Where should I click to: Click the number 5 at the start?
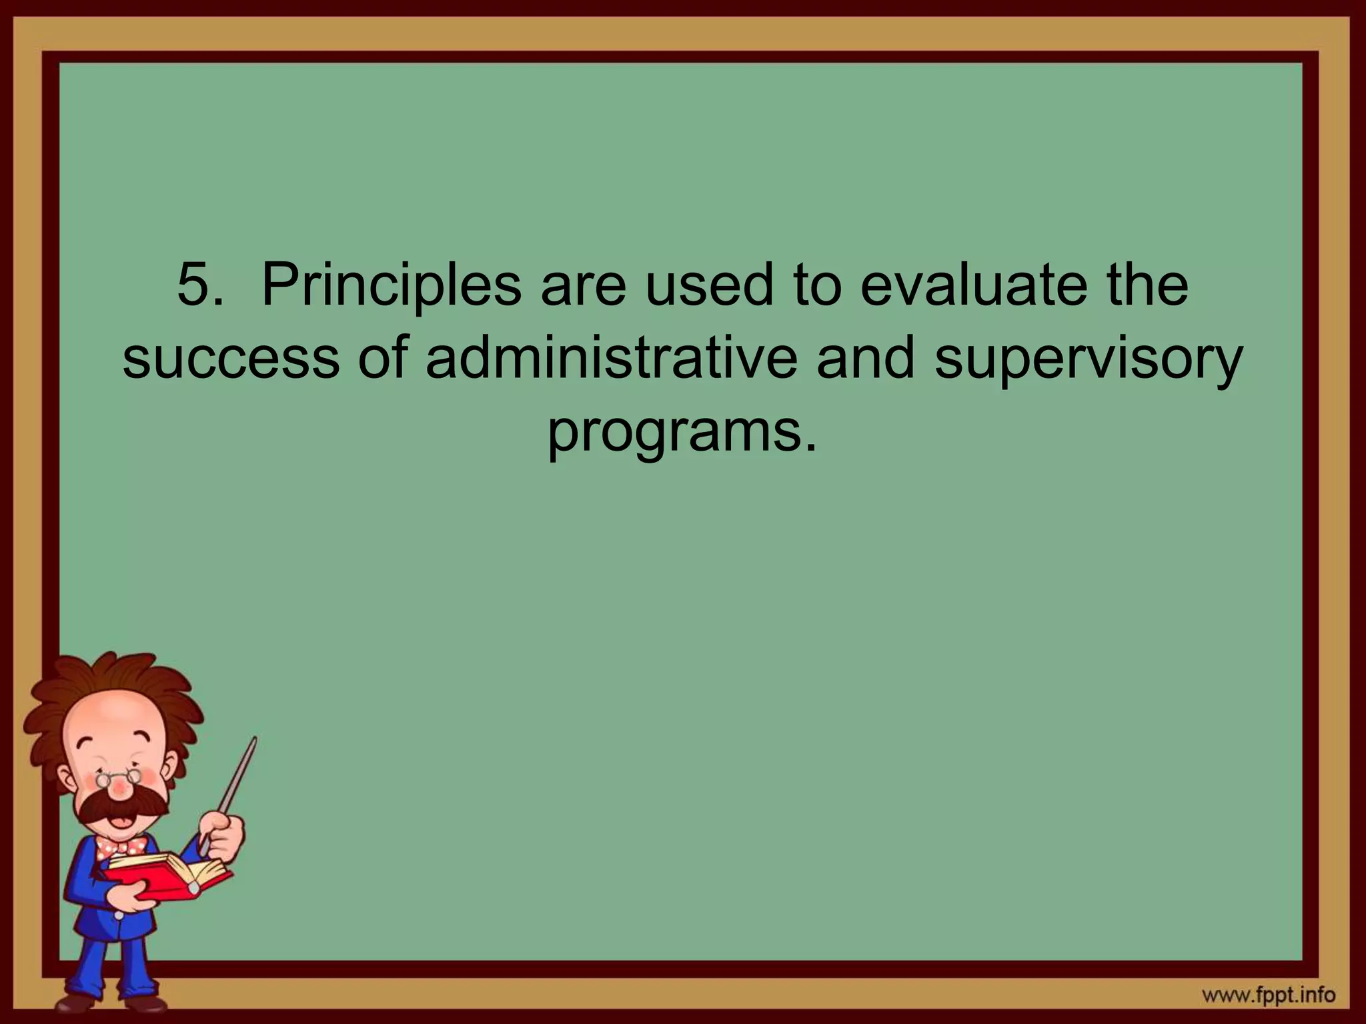tap(195, 285)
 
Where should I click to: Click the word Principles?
tap(391, 287)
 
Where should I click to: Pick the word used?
tap(708, 285)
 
